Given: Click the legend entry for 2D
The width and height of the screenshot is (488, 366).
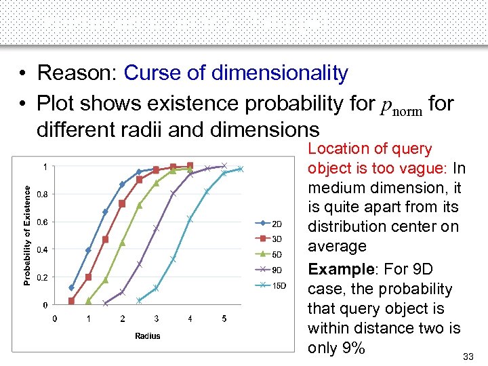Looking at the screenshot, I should coord(271,224).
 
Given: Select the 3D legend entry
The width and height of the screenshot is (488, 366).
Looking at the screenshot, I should coord(271,239).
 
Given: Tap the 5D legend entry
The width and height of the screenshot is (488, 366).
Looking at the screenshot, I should coord(271,255).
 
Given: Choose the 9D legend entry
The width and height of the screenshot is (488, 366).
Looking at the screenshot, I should coord(271,270).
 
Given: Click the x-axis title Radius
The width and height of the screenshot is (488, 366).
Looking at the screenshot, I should coord(147,335).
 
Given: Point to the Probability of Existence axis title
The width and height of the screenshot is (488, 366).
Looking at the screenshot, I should coord(28,236).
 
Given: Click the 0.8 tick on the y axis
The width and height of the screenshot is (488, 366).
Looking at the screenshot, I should coord(41,195).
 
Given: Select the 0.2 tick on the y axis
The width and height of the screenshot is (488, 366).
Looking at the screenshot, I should coord(41,277).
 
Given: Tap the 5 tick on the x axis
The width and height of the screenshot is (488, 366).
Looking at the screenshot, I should coord(224,319).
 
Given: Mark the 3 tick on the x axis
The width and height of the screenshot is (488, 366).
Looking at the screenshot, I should coord(157,319).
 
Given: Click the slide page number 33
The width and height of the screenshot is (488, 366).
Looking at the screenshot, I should coord(468,357).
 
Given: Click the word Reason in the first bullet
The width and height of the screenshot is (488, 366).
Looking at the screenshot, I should coord(75,73).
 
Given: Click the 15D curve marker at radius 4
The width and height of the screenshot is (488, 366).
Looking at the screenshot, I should coord(190,219).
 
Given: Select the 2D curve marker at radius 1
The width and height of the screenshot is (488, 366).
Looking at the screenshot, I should coord(88,250).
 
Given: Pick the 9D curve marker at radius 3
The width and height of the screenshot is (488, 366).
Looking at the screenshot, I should coord(156,228).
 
